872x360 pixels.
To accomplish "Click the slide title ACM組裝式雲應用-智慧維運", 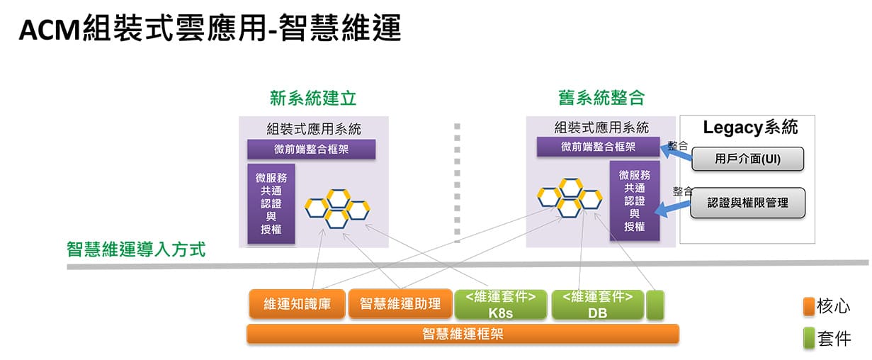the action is pos(210,28).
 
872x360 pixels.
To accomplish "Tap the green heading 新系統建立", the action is pos(313,98).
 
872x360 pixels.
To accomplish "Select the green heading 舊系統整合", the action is pos(601,97).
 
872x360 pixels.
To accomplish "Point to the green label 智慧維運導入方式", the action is pos(136,249).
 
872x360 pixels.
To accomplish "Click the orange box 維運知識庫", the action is pos(297,303).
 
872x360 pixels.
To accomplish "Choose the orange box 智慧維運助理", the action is pos(400,303).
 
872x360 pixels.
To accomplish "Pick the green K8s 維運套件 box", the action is pos(501,304).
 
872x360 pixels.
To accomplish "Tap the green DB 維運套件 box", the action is pos(598,304).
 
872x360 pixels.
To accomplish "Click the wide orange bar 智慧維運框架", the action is pos(463,334).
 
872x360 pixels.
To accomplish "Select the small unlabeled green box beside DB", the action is pos(655,305).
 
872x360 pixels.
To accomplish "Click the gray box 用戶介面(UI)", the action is pos(748,159).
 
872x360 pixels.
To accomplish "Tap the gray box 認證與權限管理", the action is pos(748,203).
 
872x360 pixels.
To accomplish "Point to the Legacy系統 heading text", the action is pos(750,128).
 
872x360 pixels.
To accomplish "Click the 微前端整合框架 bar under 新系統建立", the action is pos(312,150).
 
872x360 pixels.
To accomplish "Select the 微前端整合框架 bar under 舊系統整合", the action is pos(599,147).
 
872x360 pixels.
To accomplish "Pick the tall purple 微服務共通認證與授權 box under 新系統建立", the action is pos(271,204).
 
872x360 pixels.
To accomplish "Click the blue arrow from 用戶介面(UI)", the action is pos(676,152).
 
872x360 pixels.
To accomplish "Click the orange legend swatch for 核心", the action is pos(809,307).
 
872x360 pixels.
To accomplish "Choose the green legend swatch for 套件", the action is pos(809,338).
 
